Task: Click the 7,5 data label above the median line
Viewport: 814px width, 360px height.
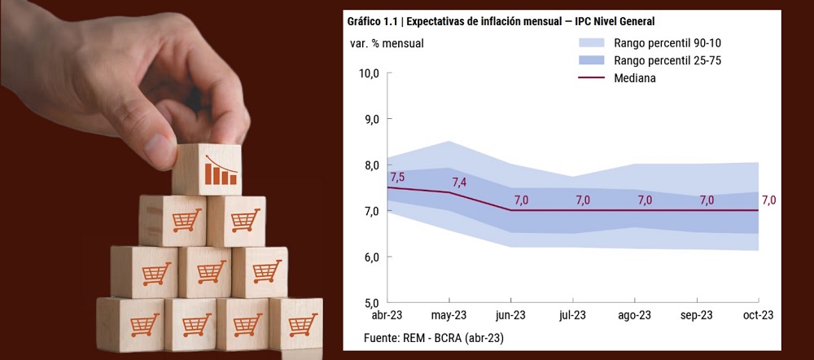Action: pos(397,177)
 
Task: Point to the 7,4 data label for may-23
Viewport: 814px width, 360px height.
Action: pos(459,182)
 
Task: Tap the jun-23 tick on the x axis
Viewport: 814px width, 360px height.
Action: pos(511,315)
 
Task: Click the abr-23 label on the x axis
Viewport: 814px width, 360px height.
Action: pos(387,315)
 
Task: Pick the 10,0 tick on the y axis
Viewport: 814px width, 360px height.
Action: pos(370,73)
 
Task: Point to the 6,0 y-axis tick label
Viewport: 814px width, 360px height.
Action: pos(371,257)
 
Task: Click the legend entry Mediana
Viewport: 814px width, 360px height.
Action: pos(636,78)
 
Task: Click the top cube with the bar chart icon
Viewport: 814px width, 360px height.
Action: pos(207,169)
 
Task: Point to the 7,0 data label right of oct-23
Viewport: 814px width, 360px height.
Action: pos(768,200)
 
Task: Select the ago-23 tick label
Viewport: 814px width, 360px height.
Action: pos(635,315)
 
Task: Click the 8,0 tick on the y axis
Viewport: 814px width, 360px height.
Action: pos(371,165)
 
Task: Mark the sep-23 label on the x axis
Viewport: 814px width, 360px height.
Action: pos(697,315)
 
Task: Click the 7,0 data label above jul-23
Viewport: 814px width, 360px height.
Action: pos(583,200)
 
